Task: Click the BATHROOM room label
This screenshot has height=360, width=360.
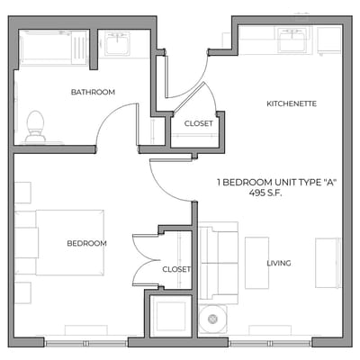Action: [x=94, y=93]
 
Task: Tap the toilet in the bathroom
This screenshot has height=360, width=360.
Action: [x=36, y=126]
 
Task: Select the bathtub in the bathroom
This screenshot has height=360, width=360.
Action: [x=54, y=48]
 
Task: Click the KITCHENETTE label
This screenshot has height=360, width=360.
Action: [x=291, y=103]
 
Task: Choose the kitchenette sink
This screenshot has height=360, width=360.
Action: [x=291, y=40]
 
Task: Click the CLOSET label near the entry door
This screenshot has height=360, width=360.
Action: [x=198, y=123]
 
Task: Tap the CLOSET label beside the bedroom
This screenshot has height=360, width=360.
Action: [x=176, y=268]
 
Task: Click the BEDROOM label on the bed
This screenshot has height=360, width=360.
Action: [x=86, y=243]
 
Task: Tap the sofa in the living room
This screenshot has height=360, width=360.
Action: [x=217, y=263]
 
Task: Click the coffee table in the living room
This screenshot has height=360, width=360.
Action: [x=256, y=263]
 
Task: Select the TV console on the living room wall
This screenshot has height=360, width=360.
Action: [x=327, y=262]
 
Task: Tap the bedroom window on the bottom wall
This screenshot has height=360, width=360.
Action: [x=86, y=343]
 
